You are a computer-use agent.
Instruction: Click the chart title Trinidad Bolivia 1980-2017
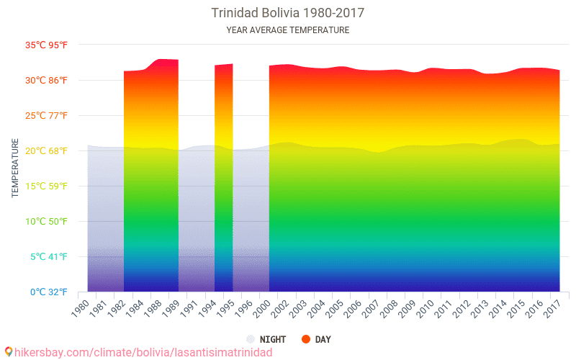(287, 14)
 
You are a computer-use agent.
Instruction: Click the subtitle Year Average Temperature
(287, 30)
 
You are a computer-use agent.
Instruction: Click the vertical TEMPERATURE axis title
(15, 168)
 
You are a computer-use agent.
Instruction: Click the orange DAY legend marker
(306, 339)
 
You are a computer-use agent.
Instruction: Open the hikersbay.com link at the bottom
(143, 352)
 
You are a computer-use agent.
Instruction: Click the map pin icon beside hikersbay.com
(9, 351)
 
